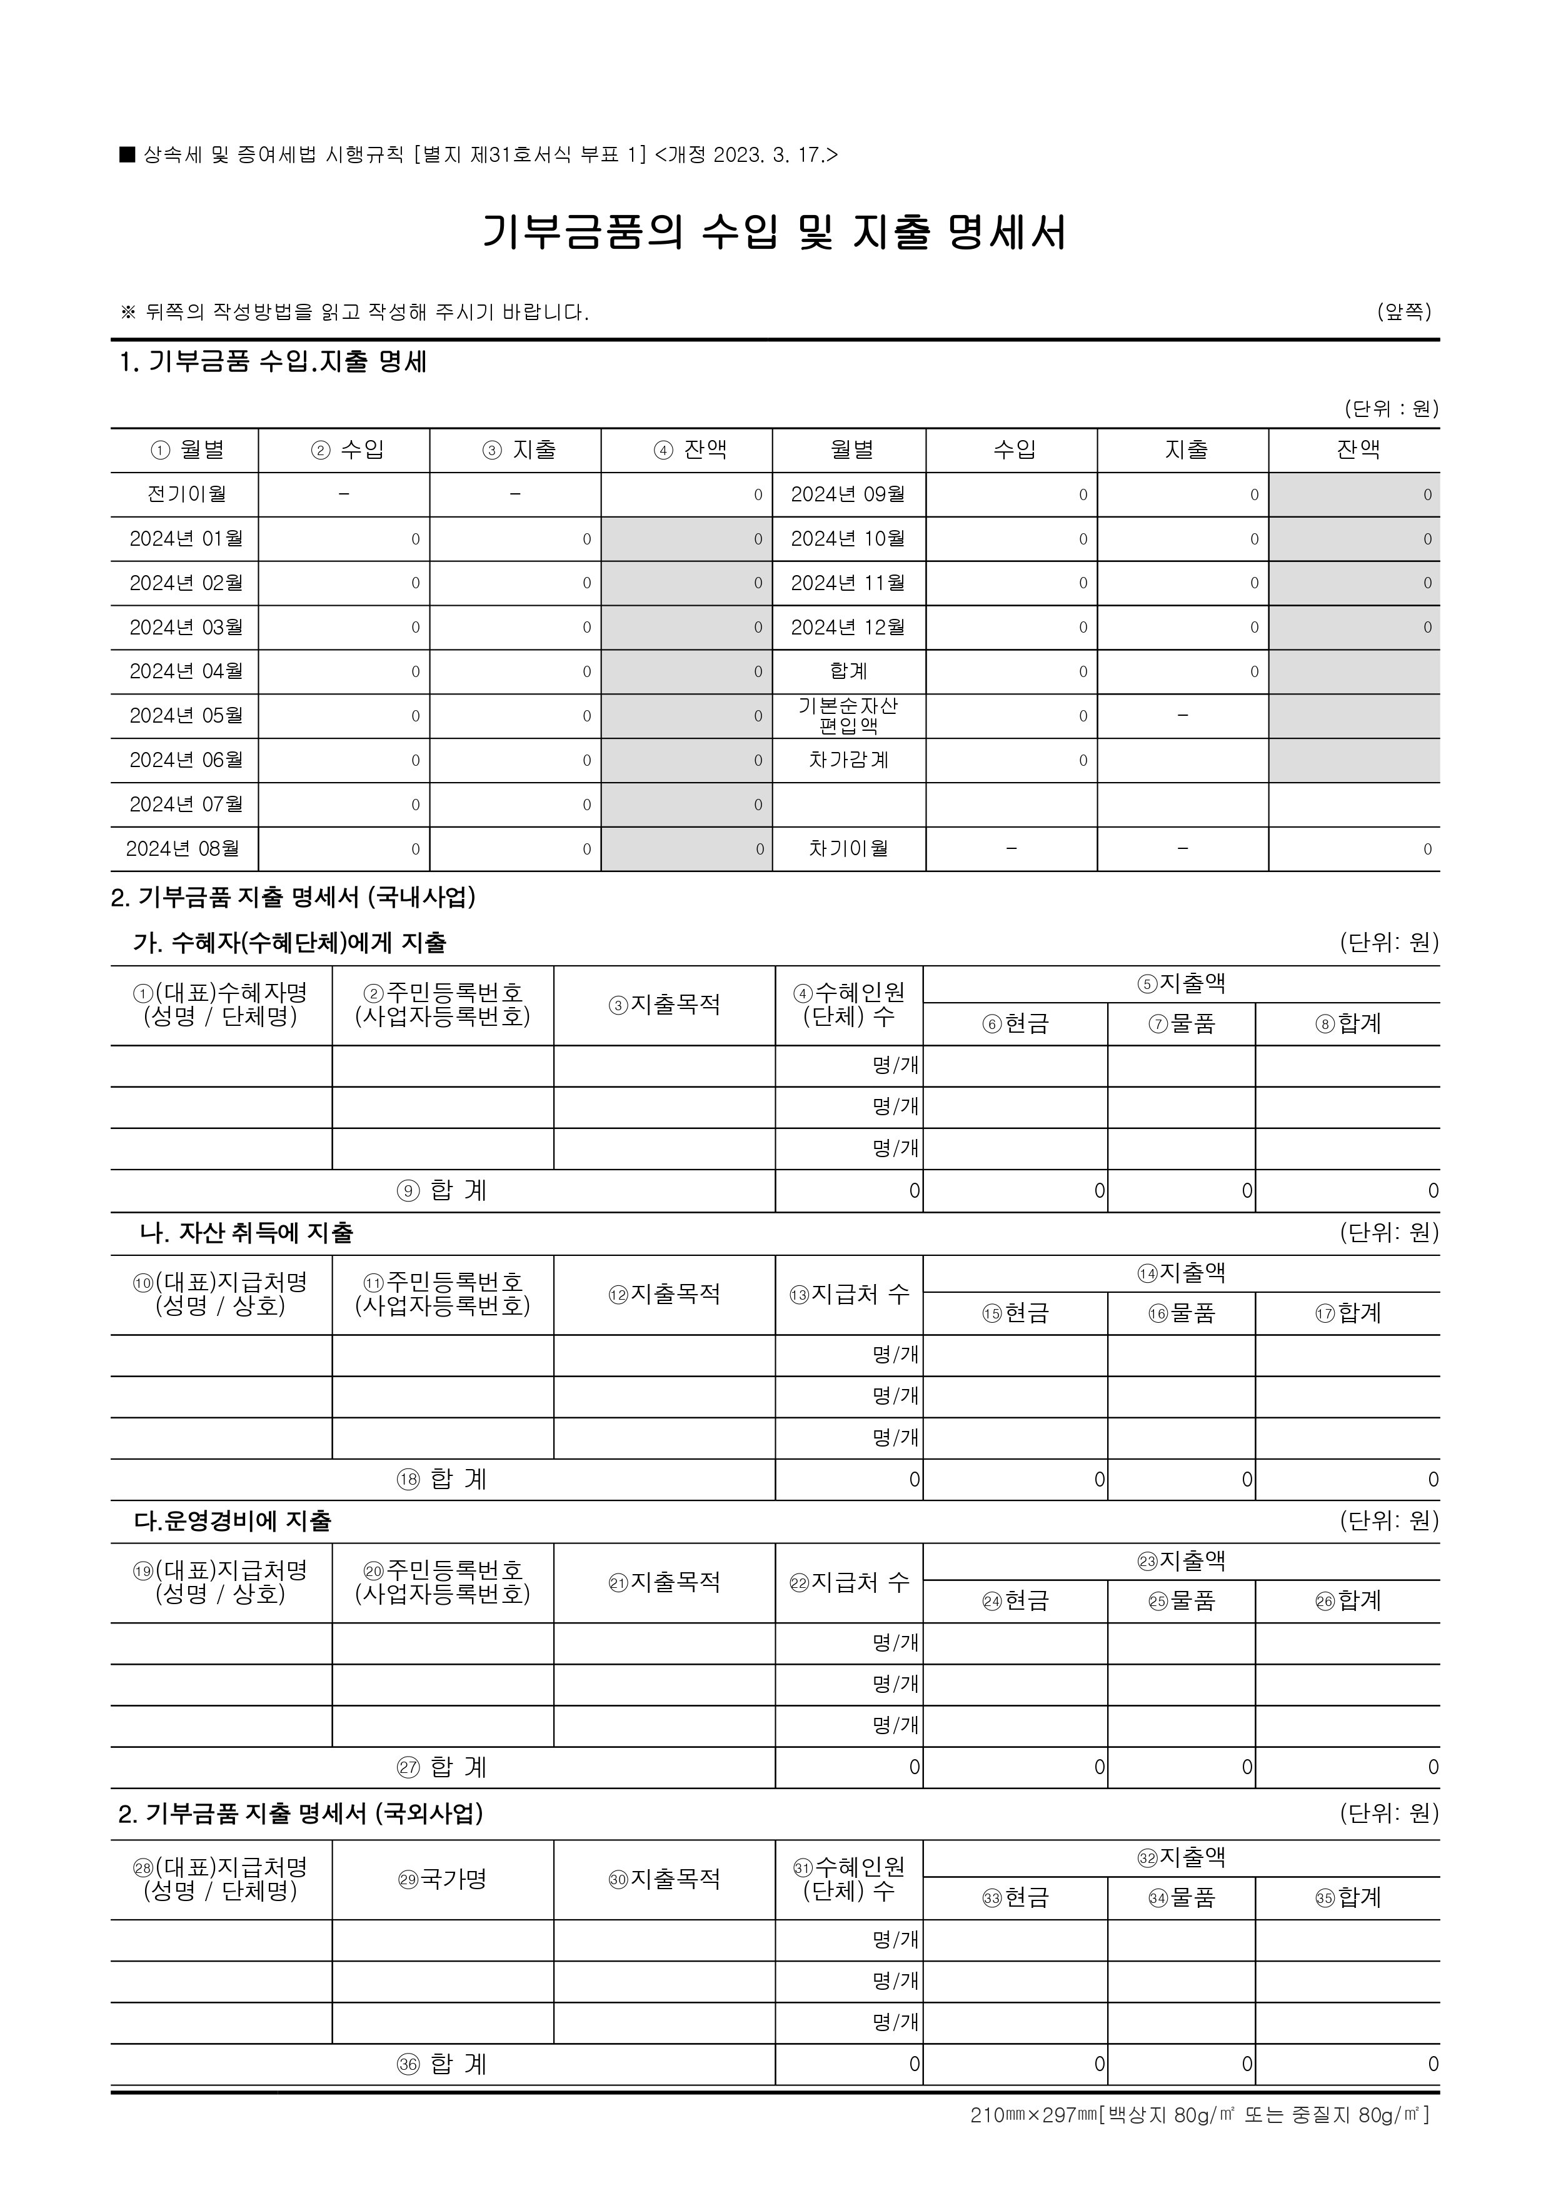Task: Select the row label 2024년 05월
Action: click(x=186, y=715)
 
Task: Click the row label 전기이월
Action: click(x=186, y=494)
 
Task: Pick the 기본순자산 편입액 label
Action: click(x=848, y=715)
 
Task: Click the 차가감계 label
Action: click(x=848, y=760)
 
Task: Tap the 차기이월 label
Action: click(x=848, y=848)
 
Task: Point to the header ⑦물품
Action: click(x=1182, y=1024)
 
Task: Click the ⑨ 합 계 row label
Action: click(x=441, y=1190)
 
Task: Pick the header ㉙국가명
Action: click(x=442, y=1880)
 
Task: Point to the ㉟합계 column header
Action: click(x=1348, y=1898)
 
